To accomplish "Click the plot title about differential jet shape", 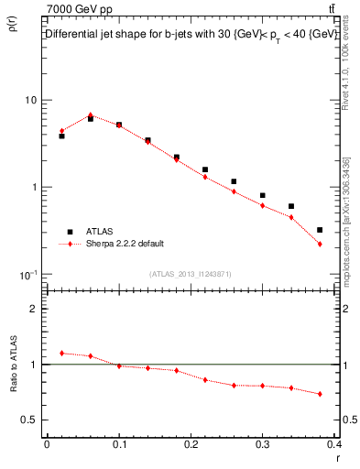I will point(189,34).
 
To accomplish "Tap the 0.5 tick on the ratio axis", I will point(31,420).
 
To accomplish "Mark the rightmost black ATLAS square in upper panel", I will point(320,230).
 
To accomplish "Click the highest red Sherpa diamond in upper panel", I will point(90,115).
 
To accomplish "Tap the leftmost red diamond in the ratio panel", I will point(61,353).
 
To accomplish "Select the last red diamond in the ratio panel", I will point(320,394).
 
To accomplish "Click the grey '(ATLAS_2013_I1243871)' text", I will point(191,274).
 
